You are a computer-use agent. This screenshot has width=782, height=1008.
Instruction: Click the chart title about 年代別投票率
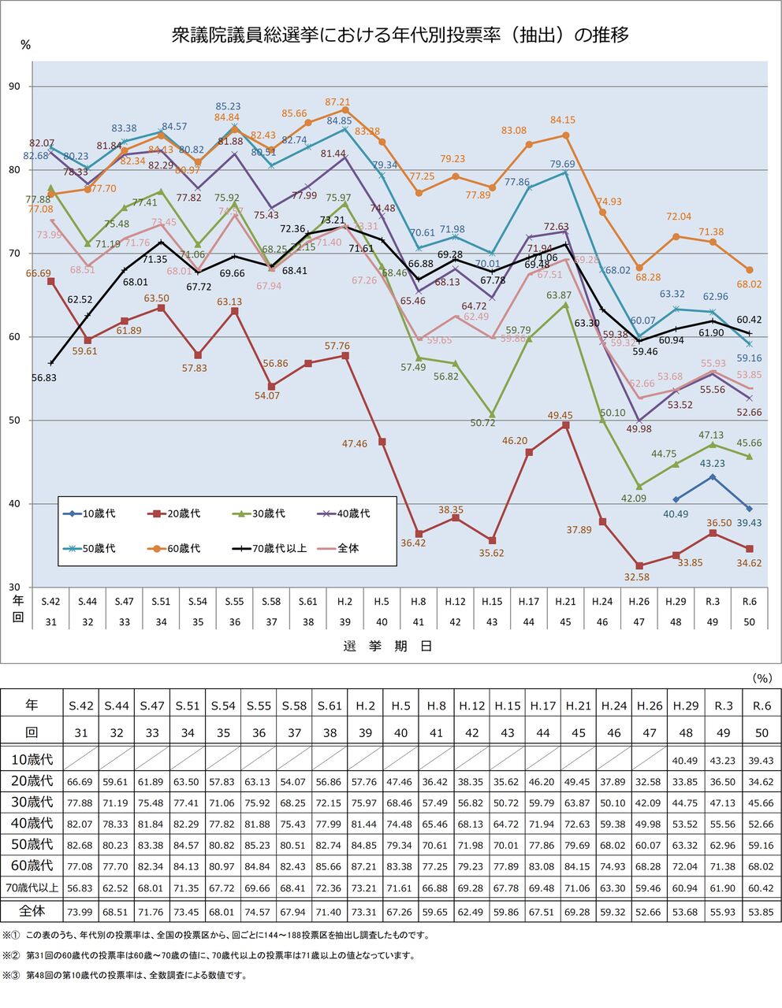pyautogui.click(x=400, y=35)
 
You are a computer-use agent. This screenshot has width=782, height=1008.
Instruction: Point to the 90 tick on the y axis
pyautogui.click(x=15, y=87)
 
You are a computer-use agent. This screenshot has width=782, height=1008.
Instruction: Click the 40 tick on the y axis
pyautogui.click(x=15, y=504)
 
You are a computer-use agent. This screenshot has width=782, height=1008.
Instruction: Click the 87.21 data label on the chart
pyautogui.click(x=337, y=102)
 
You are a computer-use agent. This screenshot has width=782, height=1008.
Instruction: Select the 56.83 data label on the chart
pyautogui.click(x=44, y=377)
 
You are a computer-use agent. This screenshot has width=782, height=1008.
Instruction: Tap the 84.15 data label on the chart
pyautogui.click(x=563, y=120)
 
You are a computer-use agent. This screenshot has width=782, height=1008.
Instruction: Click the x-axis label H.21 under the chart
pyautogui.click(x=565, y=602)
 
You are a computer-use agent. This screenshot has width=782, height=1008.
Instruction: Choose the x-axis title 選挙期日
pyautogui.click(x=388, y=646)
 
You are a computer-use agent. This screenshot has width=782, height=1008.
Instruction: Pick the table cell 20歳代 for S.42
pyautogui.click(x=81, y=781)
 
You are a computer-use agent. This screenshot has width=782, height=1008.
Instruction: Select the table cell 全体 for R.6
pyautogui.click(x=760, y=913)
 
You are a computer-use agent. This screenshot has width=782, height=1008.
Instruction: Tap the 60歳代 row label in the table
pyautogui.click(x=32, y=865)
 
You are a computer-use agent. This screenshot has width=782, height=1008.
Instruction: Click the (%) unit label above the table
pyautogui.click(x=762, y=677)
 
